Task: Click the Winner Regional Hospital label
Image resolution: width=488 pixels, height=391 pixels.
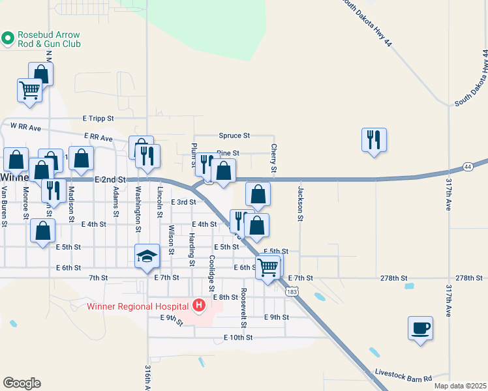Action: [x=139, y=306]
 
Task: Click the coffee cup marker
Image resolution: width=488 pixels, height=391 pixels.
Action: [x=420, y=327]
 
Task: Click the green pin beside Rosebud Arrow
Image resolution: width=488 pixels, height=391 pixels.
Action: [x=8, y=39]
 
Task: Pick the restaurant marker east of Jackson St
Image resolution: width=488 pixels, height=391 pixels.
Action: [x=374, y=139]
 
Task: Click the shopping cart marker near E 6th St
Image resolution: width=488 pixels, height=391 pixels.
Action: [x=268, y=267]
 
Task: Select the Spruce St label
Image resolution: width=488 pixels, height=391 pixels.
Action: [x=234, y=136]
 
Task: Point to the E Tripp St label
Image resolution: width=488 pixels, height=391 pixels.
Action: [x=99, y=118]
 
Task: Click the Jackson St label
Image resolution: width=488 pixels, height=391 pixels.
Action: [x=301, y=204]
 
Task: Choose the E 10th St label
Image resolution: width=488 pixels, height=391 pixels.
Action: [x=237, y=338]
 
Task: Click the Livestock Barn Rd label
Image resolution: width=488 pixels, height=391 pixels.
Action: [x=403, y=375]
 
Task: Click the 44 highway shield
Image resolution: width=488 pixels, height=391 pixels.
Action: [x=468, y=167]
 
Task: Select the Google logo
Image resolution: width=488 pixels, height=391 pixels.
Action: [x=22, y=383]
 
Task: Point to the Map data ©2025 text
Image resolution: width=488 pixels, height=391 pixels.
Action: [x=460, y=386]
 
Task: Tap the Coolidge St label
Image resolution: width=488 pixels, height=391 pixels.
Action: [x=211, y=273]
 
